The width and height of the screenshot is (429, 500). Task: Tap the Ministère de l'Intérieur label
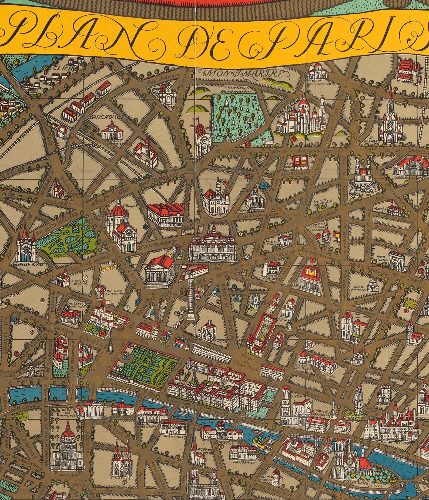[x=114, y=292]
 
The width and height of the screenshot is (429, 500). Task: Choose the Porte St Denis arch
[x=397, y=262]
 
